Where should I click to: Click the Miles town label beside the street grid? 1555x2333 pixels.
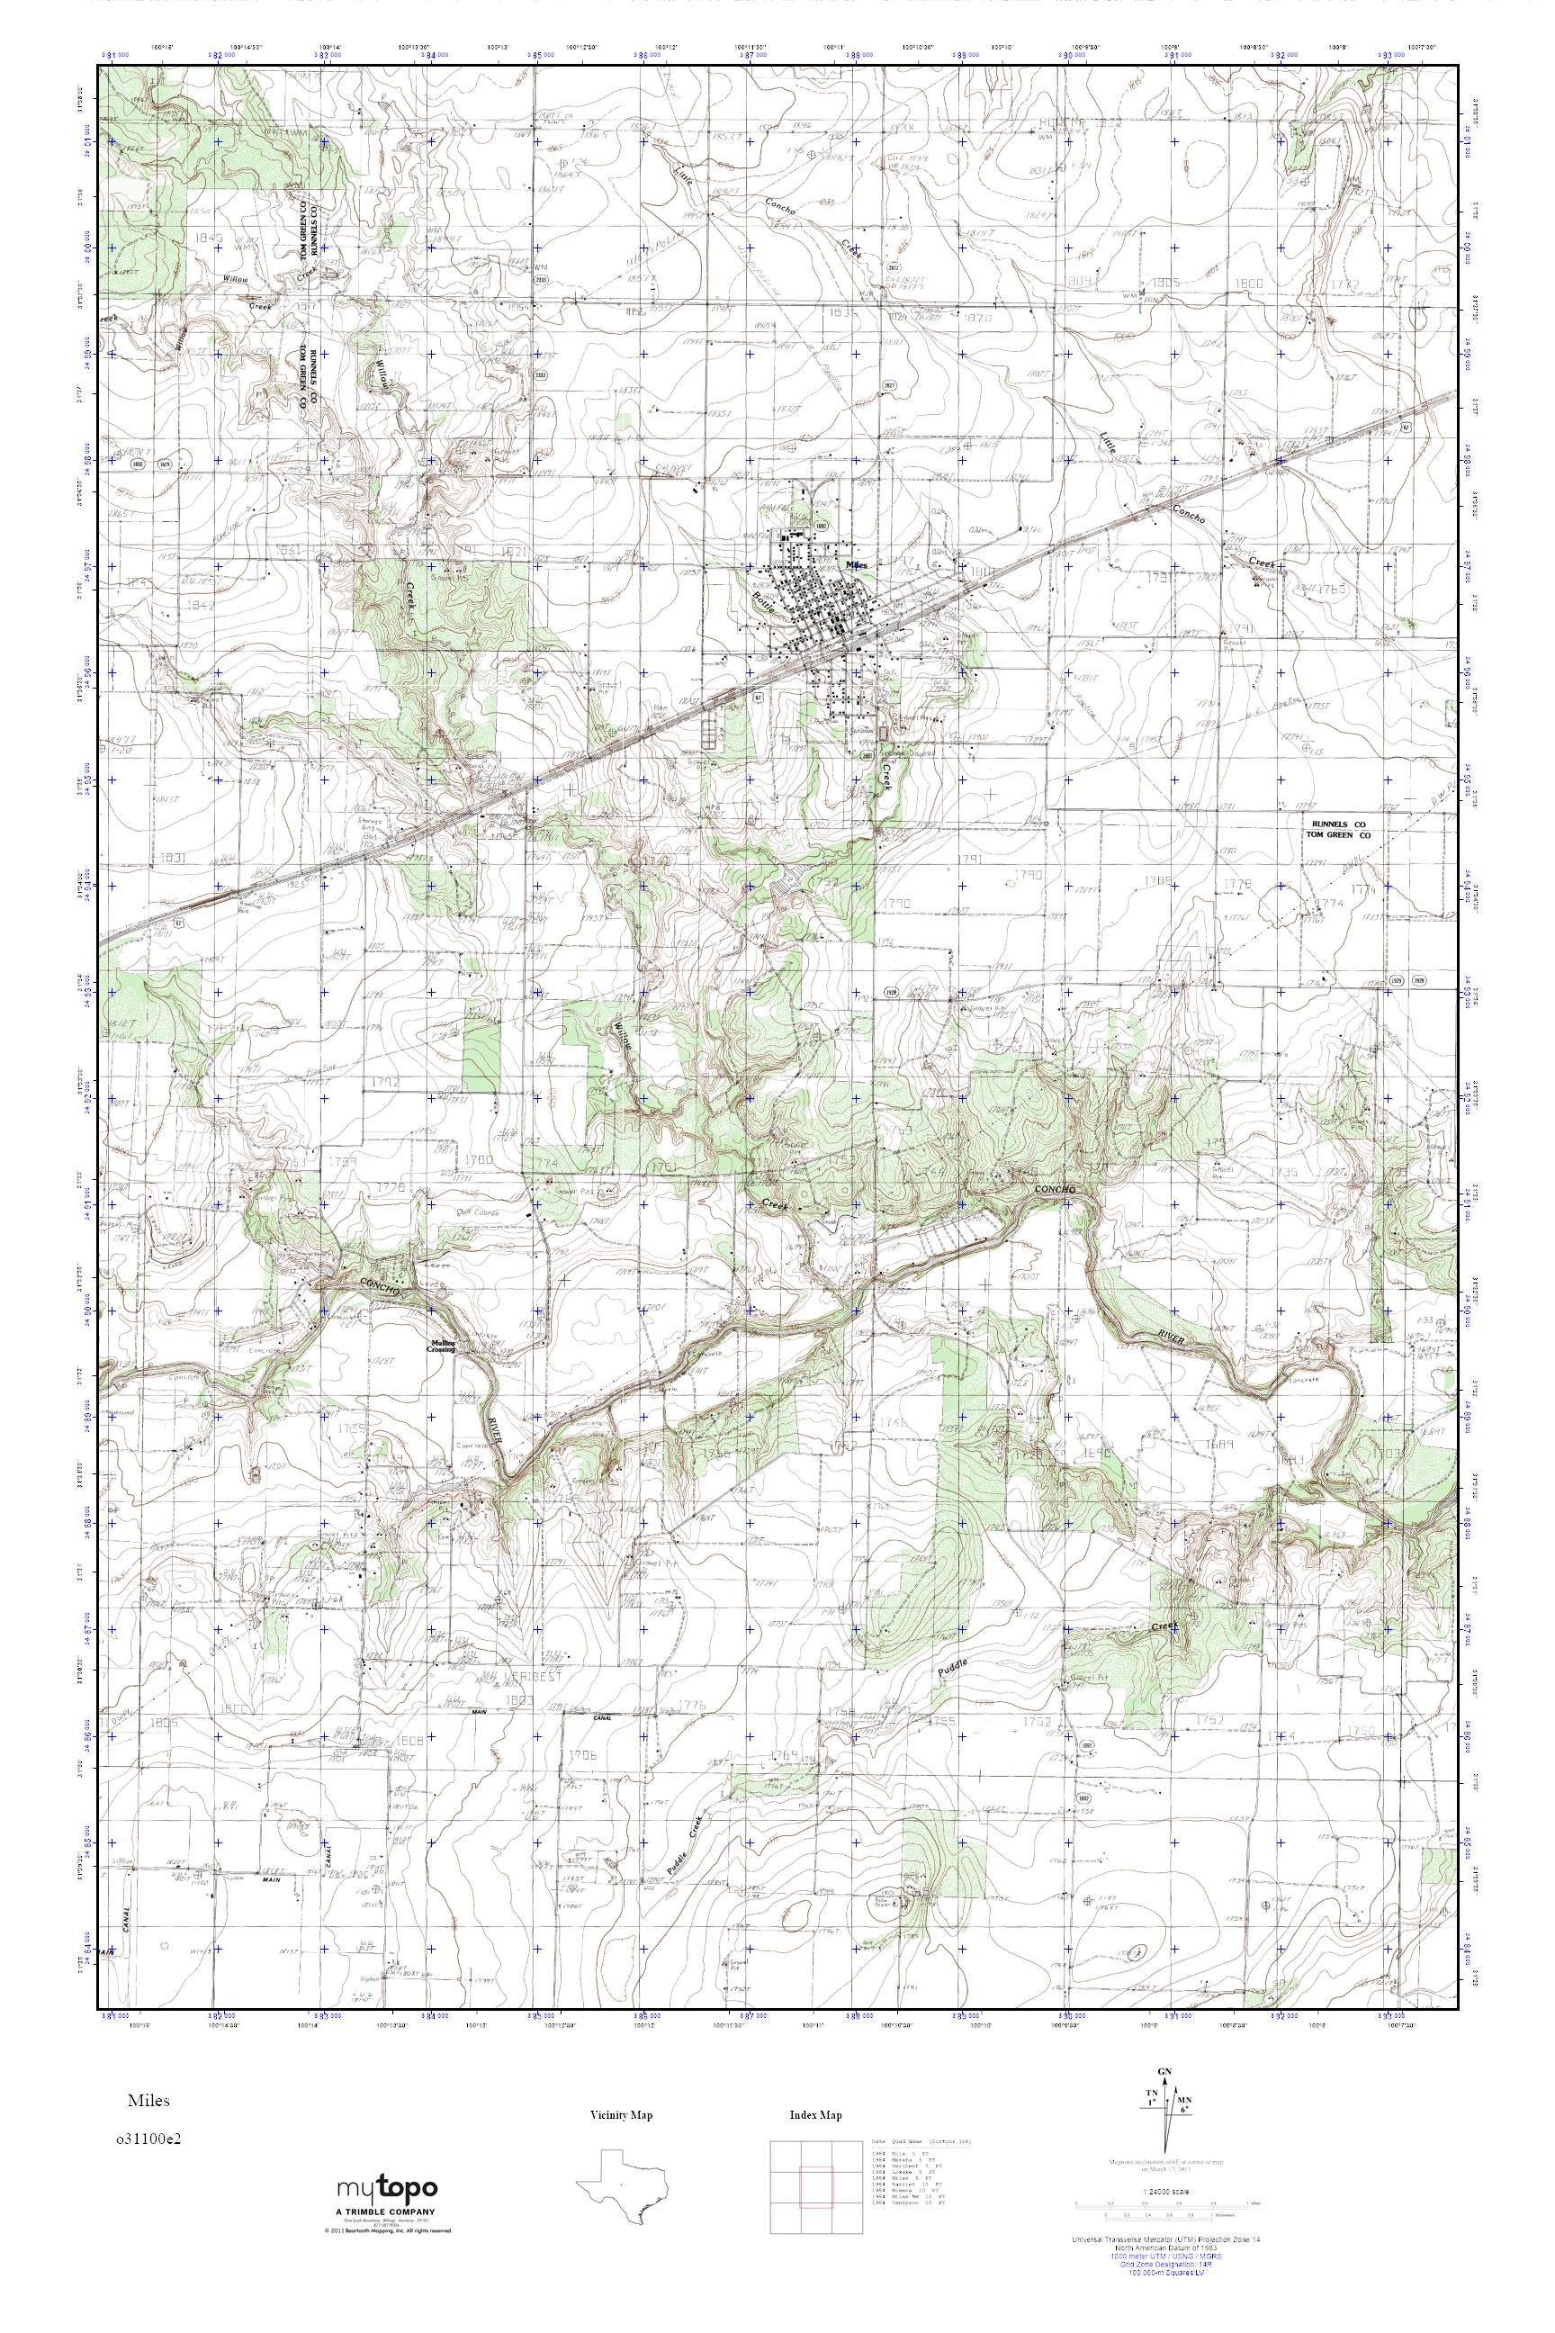click(858, 563)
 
